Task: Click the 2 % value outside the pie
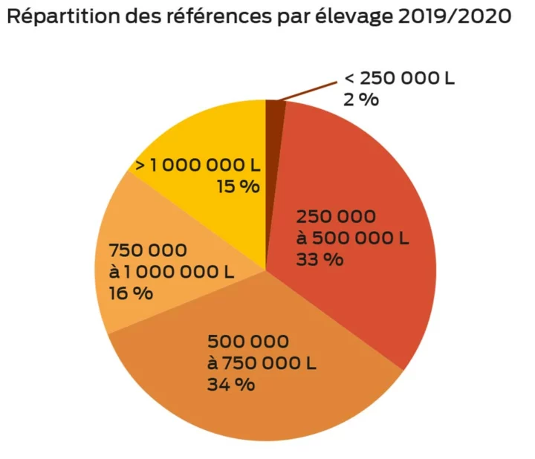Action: pos(360,100)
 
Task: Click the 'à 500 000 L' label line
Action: pos(352,238)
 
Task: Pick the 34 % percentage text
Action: pos(231,384)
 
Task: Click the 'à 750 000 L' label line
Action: pos(262,363)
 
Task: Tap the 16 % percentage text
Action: pos(131,293)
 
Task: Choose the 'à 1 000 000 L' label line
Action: pos(171,272)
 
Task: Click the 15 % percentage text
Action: pos(238,186)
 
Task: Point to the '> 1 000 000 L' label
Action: pos(197,164)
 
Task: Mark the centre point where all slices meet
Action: pos(266,270)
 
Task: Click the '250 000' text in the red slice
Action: pos(336,217)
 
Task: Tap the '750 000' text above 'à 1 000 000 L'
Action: pos(148,250)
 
